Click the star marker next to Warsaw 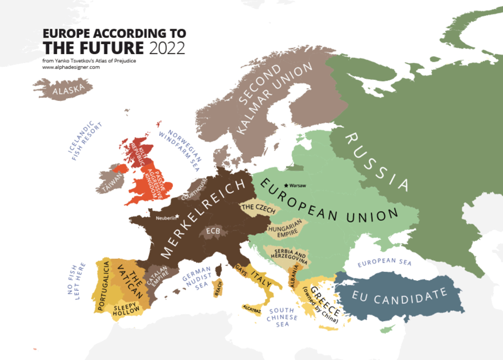pyautogui.click(x=287, y=185)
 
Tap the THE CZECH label pyautogui.click(x=256, y=206)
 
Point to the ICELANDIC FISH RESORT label pyautogui.click(x=82, y=140)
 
